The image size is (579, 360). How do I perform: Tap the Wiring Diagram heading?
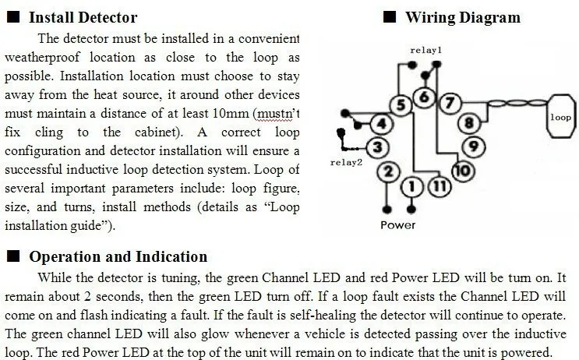[462, 17]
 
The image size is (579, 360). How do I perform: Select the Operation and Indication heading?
[118, 256]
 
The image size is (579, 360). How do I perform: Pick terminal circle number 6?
[425, 97]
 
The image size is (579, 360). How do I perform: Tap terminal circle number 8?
[468, 123]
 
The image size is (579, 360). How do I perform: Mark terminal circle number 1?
[413, 186]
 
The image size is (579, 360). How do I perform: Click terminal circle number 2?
[390, 171]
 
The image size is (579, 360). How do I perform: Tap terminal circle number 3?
[377, 146]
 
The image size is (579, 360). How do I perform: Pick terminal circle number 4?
[380, 123]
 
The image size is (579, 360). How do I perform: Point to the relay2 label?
[345, 163]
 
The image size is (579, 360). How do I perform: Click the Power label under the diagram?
[397, 225]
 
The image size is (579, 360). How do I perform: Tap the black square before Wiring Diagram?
[389, 17]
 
